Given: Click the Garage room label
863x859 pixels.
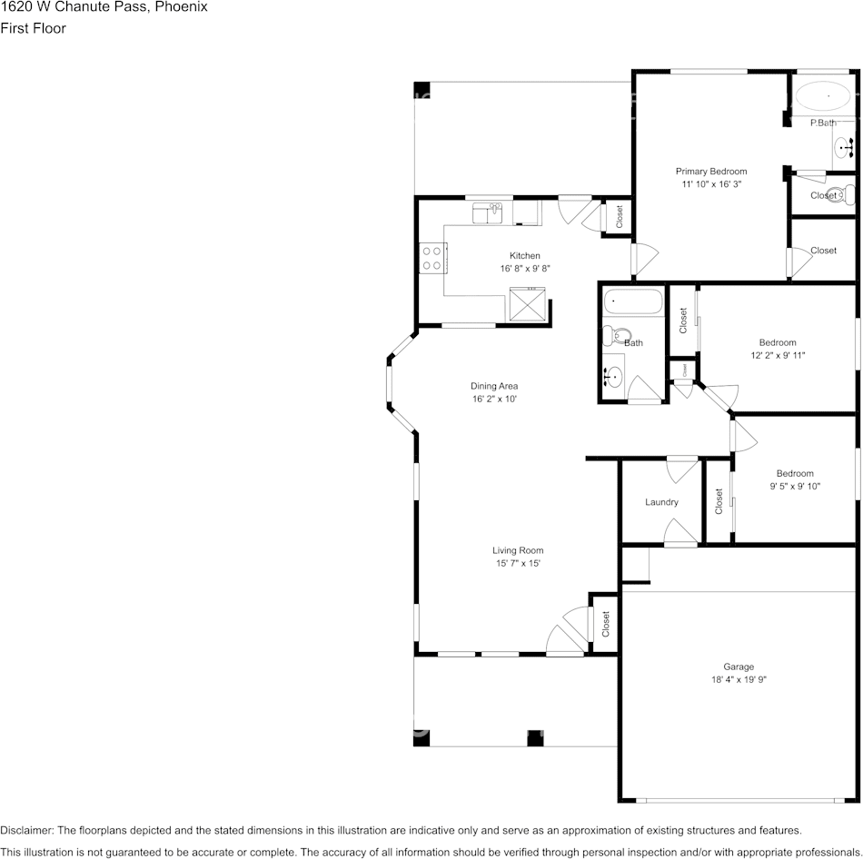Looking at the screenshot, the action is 739,666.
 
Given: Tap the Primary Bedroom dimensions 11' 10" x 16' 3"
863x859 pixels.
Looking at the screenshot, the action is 711,184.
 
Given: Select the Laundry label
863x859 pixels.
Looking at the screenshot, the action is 661,502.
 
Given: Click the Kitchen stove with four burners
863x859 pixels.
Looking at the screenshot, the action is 432,258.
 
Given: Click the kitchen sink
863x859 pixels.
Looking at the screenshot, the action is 488,213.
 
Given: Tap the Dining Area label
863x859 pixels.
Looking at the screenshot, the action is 494,386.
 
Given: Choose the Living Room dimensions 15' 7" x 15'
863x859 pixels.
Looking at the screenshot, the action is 518,563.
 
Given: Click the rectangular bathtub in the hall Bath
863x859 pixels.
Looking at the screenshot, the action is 633,301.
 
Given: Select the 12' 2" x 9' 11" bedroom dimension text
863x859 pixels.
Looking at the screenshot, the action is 778,355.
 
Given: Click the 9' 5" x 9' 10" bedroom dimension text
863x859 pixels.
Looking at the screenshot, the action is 795,487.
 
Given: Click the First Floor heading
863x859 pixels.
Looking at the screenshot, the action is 33,28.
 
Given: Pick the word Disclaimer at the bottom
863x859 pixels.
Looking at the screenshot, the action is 25,830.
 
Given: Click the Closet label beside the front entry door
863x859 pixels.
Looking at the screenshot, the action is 605,624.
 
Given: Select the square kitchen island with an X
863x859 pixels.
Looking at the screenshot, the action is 527,304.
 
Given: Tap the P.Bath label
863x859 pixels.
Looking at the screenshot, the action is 823,123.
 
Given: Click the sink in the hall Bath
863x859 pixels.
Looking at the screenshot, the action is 614,377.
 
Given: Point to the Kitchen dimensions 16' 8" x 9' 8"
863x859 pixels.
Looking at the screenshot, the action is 525,269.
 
